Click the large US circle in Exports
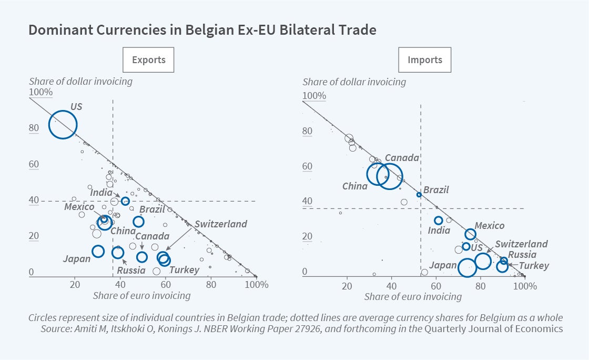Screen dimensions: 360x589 pyautogui.click(x=63, y=125)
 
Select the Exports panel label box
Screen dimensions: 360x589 pyautogui.click(x=148, y=60)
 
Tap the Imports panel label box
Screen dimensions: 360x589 pyautogui.click(x=425, y=60)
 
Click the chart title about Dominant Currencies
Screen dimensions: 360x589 pyautogui.click(x=202, y=30)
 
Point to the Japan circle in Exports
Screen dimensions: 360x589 pyautogui.click(x=98, y=251)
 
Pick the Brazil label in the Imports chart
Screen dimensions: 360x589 pyautogui.click(x=436, y=190)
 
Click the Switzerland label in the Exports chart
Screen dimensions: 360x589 pyautogui.click(x=221, y=224)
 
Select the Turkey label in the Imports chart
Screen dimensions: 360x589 pyautogui.click(x=534, y=266)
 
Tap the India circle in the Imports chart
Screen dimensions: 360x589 pyautogui.click(x=439, y=221)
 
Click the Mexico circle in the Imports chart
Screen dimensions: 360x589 pyautogui.click(x=470, y=234)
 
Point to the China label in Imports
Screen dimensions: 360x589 pyautogui.click(x=355, y=186)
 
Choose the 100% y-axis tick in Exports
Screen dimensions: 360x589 pyautogui.click(x=40, y=93)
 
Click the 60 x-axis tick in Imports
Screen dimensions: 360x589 pyautogui.click(x=435, y=286)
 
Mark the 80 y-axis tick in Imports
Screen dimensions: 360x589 pyautogui.click(x=307, y=132)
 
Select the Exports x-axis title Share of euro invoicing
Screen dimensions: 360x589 pyautogui.click(x=141, y=296)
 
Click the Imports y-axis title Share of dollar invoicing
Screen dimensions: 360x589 pyautogui.click(x=354, y=82)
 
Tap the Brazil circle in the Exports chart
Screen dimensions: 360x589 pyautogui.click(x=138, y=222)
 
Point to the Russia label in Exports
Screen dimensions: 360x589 pyautogui.click(x=131, y=271)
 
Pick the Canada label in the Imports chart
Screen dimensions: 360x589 pyautogui.click(x=402, y=158)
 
